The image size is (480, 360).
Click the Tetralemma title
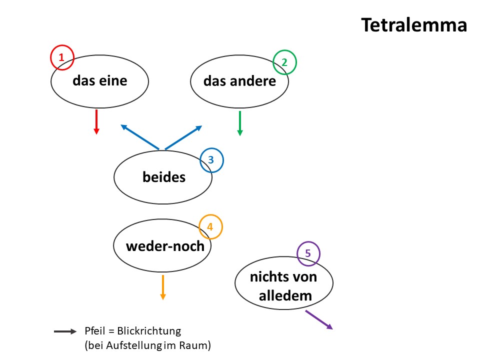[x=414, y=25]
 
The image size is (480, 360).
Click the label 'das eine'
[x=100, y=81]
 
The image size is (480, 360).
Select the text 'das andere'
[x=239, y=81]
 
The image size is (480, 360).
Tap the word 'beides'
[x=164, y=177]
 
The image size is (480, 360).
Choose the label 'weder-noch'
[x=165, y=246]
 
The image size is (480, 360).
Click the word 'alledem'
[x=285, y=295]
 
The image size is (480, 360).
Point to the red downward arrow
[x=96, y=122]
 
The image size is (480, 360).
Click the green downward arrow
[x=240, y=123]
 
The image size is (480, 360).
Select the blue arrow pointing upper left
[x=140, y=137]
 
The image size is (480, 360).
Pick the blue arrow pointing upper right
[x=183, y=137]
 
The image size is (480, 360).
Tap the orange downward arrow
[x=163, y=287]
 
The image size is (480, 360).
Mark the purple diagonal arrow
[x=319, y=320]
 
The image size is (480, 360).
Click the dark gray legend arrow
[x=65, y=331]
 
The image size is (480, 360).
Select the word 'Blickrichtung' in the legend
[x=149, y=331]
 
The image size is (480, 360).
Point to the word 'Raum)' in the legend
[x=195, y=345]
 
